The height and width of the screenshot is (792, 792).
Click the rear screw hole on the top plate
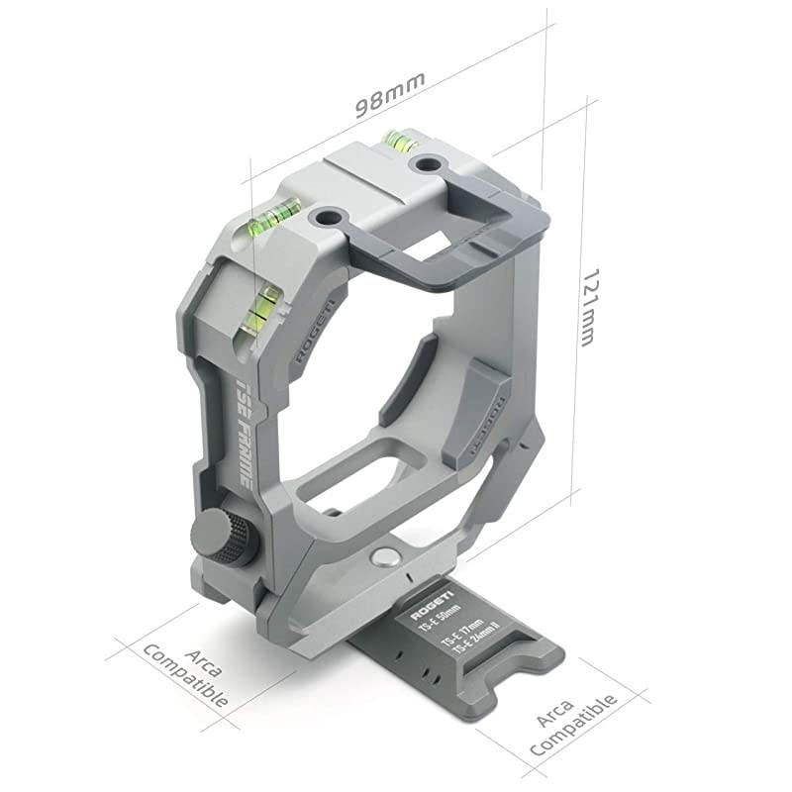click(428, 163)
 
